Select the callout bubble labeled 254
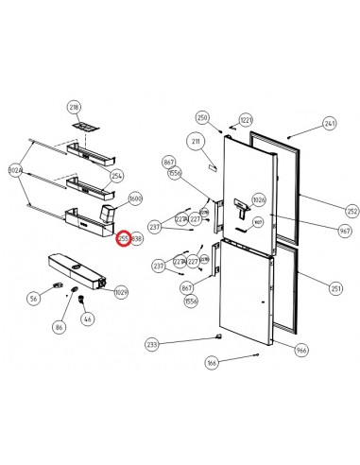pos(117,177)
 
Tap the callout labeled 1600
pos(135,199)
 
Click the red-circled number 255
pos(123,240)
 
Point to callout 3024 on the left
pos(14,171)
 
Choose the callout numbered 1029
pos(121,295)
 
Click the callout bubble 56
pos(33,299)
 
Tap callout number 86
pos(59,326)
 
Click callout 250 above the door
pos(201,117)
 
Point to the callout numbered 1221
pos(246,120)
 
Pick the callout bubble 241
pos(330,124)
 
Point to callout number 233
pos(151,345)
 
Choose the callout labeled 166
pos(212,362)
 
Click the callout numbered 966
pos(301,351)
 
